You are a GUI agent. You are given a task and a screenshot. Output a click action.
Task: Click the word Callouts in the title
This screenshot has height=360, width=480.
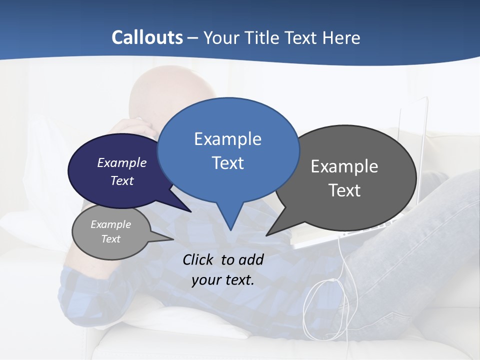pyautogui.click(x=147, y=37)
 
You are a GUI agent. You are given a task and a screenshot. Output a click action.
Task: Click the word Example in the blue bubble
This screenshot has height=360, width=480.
pyautogui.click(x=227, y=139)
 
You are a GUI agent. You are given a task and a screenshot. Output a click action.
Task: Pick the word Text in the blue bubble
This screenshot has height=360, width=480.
pyautogui.click(x=227, y=163)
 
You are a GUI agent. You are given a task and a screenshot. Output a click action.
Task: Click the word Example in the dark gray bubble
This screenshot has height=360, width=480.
pyautogui.click(x=344, y=166)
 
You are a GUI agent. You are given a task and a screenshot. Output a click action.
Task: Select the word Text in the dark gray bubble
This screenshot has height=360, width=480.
pyautogui.click(x=344, y=190)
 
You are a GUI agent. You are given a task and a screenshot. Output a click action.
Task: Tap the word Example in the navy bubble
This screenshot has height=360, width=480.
pyautogui.click(x=122, y=162)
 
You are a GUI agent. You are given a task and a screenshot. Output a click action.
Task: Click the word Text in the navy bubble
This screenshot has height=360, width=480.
pyautogui.click(x=122, y=180)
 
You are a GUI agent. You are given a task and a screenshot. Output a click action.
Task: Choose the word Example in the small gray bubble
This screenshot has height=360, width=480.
pyautogui.click(x=110, y=224)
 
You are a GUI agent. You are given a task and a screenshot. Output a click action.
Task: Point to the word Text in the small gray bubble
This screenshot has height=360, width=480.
pyautogui.click(x=110, y=239)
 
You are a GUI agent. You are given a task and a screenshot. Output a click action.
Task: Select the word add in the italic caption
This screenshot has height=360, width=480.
pyautogui.click(x=251, y=259)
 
